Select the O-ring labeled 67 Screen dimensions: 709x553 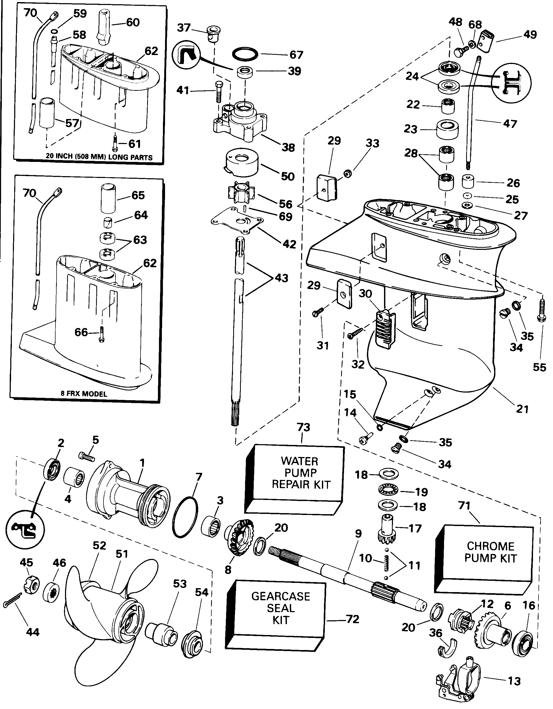click(245, 54)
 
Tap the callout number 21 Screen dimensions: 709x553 click(522, 409)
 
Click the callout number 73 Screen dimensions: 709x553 click(303, 427)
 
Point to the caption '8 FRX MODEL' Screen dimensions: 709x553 click(84, 394)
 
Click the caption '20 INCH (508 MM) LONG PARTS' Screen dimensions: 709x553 click(99, 157)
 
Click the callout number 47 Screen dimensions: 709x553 click(510, 124)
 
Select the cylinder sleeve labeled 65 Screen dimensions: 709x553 click(108, 198)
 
